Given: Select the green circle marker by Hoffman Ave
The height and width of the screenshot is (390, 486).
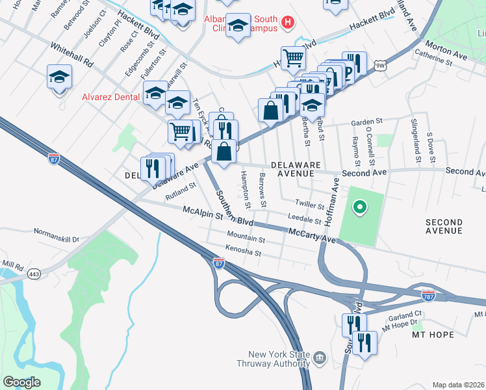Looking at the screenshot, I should click(358, 208).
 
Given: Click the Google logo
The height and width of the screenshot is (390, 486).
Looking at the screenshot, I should click(21, 382).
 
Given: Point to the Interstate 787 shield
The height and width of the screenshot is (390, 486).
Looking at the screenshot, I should click(428, 294).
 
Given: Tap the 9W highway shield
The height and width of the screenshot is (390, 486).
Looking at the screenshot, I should click(380, 64).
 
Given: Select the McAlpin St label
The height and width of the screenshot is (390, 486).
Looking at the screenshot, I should click(202, 211).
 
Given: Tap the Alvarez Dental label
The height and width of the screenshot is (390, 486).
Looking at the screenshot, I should click(110, 97).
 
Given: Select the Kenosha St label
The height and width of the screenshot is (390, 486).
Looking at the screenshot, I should click(242, 252).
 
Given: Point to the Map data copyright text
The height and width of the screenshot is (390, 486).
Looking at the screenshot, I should click(458, 385).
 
